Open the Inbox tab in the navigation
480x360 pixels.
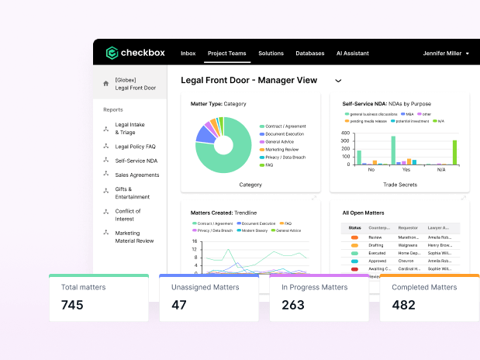pos(188,54)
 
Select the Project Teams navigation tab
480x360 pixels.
pos(226,54)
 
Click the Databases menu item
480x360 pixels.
pos(309,54)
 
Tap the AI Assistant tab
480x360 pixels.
pos(352,54)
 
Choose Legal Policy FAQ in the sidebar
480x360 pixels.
pos(135,146)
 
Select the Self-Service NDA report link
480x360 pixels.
pos(136,161)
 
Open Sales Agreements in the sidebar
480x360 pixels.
pos(136,175)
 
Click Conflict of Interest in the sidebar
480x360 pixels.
pos(128,215)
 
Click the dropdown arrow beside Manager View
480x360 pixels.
pos(338,80)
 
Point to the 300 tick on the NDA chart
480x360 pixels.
pos(346,141)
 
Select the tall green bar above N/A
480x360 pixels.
pos(454,152)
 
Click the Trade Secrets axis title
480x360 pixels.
pos(399,185)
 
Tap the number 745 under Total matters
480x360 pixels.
pos(72,305)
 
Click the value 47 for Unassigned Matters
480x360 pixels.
pos(179,305)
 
